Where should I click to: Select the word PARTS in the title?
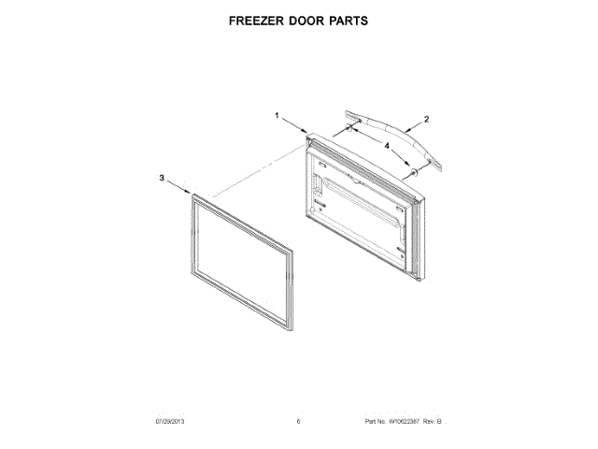tap(349, 20)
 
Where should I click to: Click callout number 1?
tap(278, 115)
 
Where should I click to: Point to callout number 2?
tap(426, 120)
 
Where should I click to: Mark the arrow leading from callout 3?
tap(178, 187)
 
